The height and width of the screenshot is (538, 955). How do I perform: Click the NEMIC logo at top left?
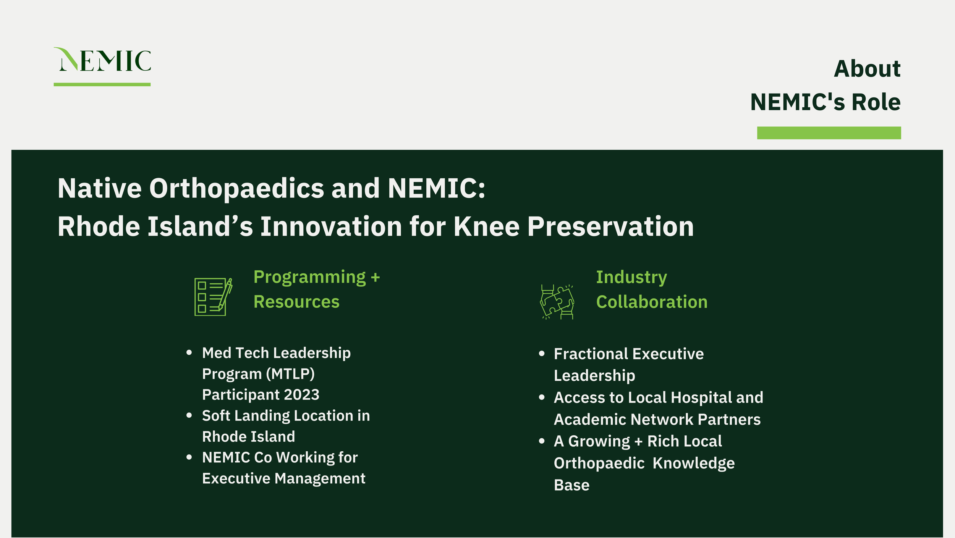103,60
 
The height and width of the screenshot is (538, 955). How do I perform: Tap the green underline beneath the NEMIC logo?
102,84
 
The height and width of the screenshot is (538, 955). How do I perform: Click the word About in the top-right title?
867,69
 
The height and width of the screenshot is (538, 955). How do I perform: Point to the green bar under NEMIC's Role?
829,133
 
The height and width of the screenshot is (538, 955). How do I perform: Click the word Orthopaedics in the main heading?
236,189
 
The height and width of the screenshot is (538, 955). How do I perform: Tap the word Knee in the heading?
486,227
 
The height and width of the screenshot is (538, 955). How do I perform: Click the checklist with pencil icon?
213,297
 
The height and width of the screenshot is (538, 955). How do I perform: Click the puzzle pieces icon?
557,301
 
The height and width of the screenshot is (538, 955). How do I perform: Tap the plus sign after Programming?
375,277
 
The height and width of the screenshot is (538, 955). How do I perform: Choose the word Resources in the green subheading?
296,302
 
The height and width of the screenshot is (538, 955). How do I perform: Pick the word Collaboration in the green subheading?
652,302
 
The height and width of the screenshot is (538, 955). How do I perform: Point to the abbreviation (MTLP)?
290,374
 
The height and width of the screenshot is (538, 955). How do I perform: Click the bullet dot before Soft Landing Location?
189,415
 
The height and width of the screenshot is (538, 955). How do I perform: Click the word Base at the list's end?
571,485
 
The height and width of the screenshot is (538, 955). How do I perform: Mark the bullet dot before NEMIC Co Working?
189,457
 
